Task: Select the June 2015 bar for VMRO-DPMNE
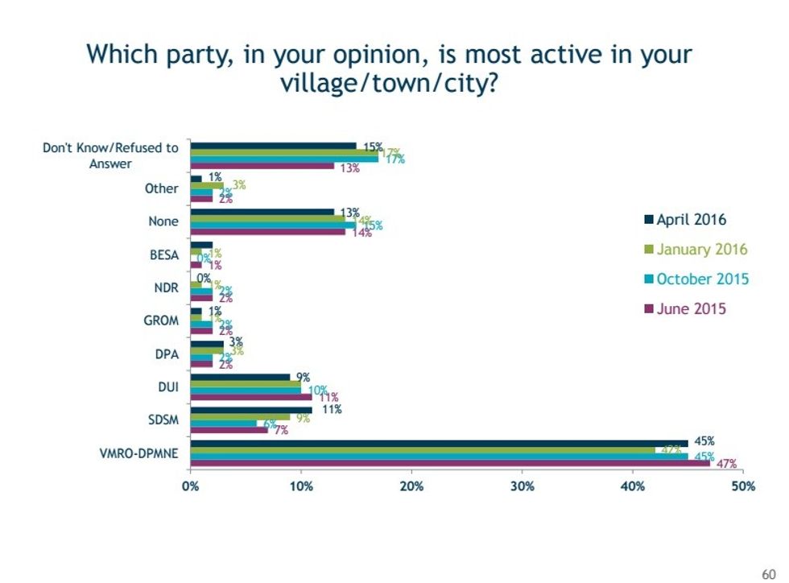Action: [449, 463]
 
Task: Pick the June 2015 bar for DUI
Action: [250, 397]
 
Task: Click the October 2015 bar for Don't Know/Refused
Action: [283, 159]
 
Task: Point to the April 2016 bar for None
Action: [262, 212]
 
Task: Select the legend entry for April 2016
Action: [691, 219]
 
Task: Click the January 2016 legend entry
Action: [696, 249]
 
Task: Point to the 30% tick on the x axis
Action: [522, 486]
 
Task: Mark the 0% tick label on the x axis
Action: [190, 486]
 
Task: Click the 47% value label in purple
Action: [727, 464]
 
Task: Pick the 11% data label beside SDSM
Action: [332, 409]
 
